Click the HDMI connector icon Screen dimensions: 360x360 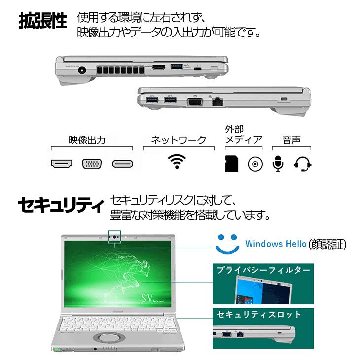pos(62,164)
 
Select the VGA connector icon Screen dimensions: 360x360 pos(92,164)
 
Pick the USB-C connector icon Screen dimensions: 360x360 pos(123,164)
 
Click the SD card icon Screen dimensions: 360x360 pos(231,164)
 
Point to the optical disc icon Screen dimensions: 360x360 pos(254,164)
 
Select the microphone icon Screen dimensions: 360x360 pos(278,164)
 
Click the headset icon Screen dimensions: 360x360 pos(302,164)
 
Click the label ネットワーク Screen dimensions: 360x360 pos(178,140)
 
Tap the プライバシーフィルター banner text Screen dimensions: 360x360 pos(263,270)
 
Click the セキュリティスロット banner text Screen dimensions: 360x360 pos(259,314)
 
